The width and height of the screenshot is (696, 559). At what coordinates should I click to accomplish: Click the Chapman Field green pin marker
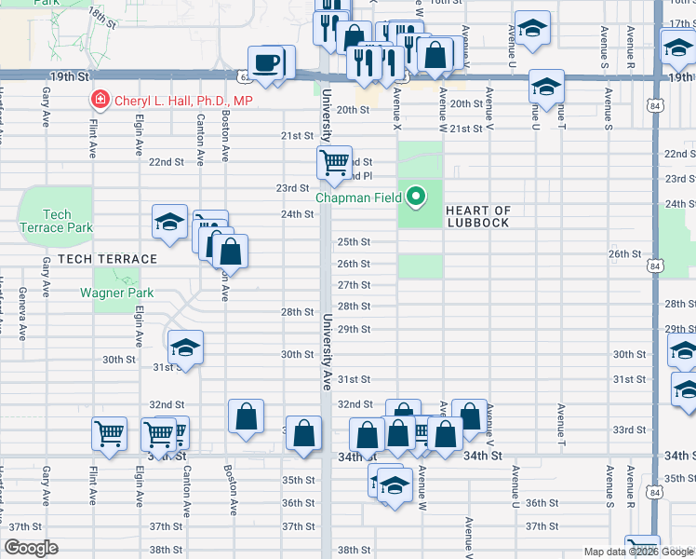point(417,197)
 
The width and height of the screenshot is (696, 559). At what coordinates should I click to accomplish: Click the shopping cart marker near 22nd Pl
point(334,162)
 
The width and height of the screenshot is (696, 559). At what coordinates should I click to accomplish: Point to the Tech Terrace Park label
point(56,221)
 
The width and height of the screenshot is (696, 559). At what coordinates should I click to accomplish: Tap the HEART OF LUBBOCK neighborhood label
point(477,216)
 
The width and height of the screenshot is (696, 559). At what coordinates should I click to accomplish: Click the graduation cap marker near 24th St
point(169,222)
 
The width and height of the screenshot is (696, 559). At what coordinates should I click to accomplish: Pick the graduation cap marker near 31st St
point(185,348)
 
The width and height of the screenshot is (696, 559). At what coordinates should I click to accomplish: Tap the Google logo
point(32,548)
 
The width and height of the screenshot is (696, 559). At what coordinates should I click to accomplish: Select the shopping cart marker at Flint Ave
point(109,434)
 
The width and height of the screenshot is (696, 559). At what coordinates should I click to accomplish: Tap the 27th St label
point(355,285)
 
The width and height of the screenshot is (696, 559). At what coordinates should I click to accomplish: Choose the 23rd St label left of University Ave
point(291,188)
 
